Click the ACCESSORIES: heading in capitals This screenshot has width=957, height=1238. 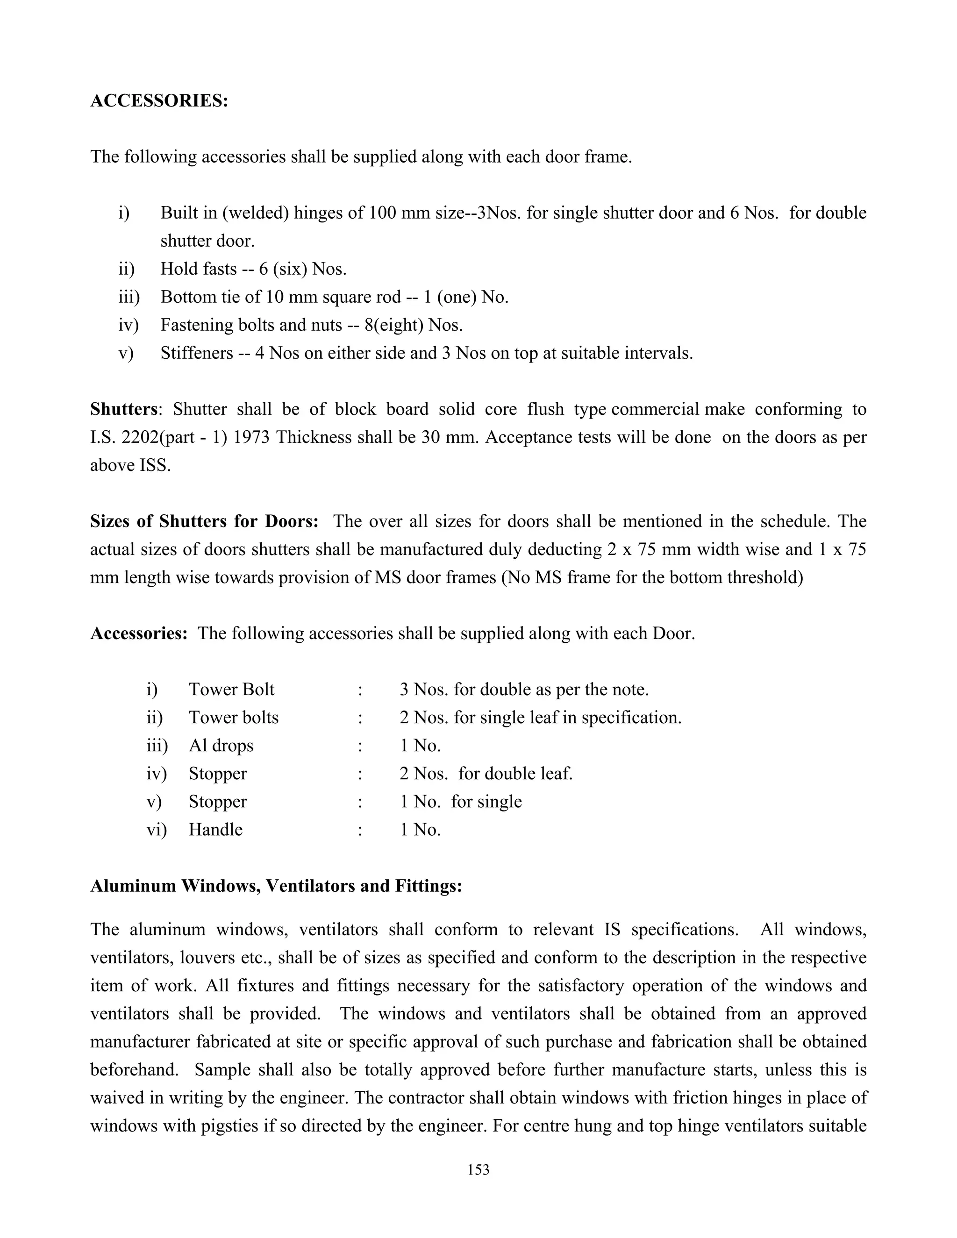(159, 101)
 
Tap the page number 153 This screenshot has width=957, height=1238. (478, 1169)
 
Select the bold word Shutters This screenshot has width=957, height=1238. (123, 409)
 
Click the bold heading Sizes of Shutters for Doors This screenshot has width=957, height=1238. (204, 521)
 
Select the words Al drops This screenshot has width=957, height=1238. (221, 746)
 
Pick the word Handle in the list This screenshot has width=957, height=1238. (215, 829)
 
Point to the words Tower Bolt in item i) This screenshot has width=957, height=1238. (231, 689)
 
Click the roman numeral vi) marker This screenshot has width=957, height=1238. (157, 829)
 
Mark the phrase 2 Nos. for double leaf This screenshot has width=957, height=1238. (486, 774)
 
